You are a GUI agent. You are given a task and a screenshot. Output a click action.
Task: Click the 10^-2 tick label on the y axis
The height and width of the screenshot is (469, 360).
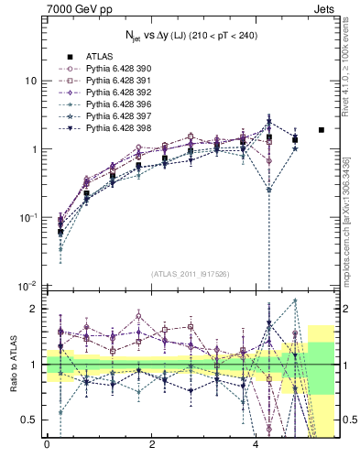(27, 287)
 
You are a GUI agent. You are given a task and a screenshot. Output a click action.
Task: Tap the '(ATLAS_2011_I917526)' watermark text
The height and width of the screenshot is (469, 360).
(190, 274)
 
